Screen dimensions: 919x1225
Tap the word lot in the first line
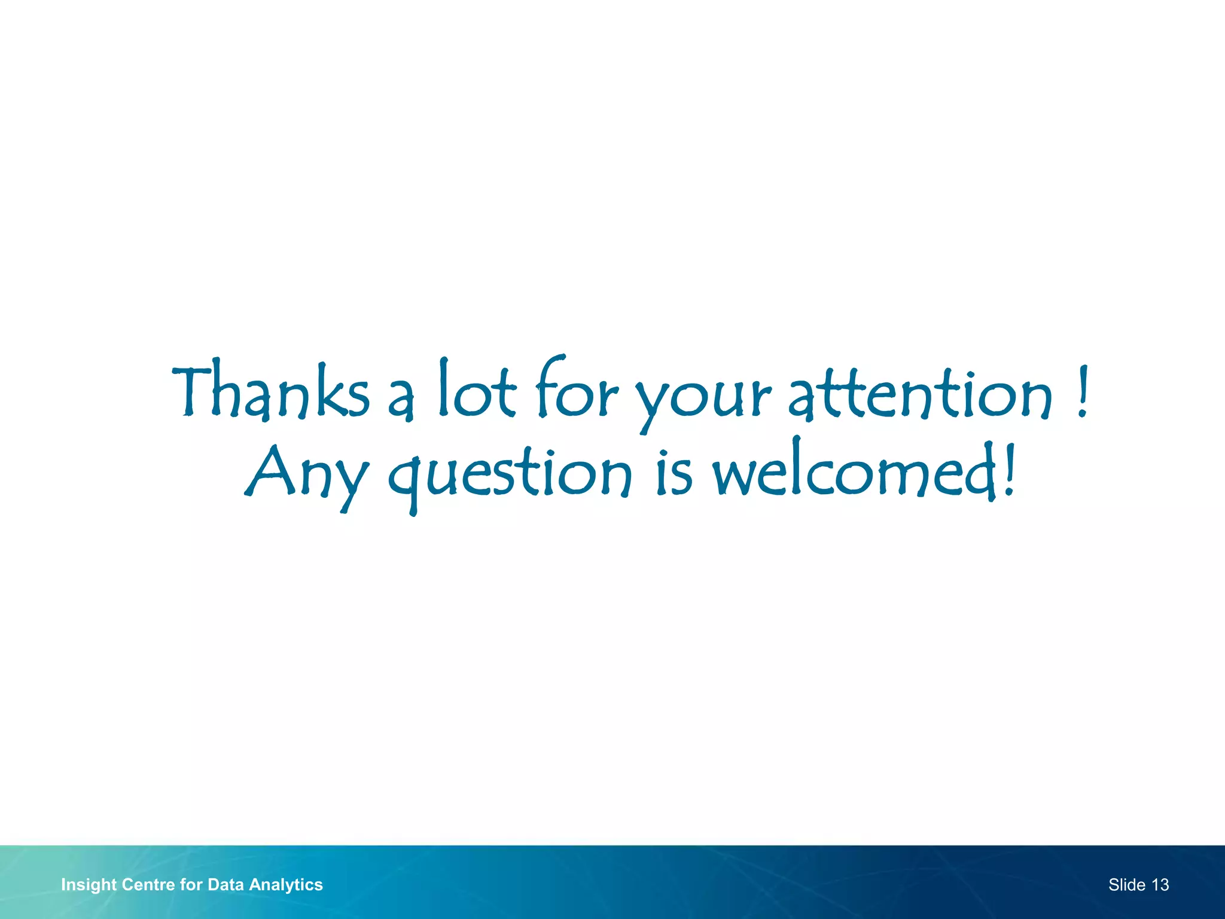(x=477, y=390)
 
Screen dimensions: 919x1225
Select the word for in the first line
(x=576, y=390)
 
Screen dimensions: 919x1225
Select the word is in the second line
(x=674, y=473)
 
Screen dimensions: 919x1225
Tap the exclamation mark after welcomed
(x=1009, y=470)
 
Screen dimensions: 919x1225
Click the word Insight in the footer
(x=89, y=885)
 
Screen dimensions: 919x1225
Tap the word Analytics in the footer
(x=286, y=885)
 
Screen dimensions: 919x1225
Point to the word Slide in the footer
(x=1126, y=885)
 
